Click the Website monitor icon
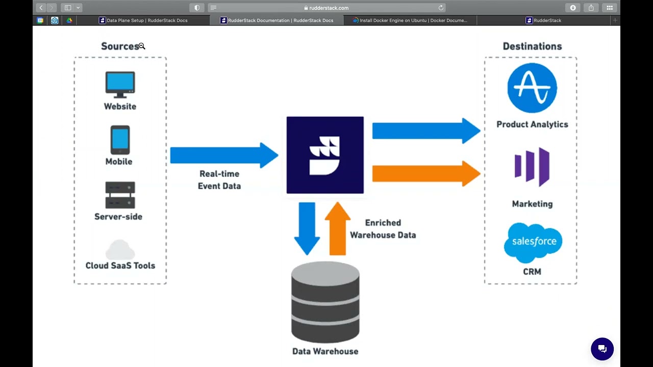(120, 84)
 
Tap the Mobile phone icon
(120, 140)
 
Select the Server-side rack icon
(120, 195)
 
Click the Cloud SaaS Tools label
(120, 266)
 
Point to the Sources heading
(120, 46)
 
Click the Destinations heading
(532, 46)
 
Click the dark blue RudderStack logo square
(325, 155)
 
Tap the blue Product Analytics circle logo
(532, 88)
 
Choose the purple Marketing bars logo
(532, 167)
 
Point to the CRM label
(532, 272)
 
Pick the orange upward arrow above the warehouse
(338, 228)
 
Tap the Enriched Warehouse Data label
(383, 229)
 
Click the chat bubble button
(602, 349)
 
